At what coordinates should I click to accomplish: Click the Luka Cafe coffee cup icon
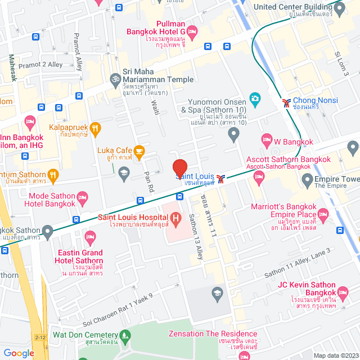coord(139,150)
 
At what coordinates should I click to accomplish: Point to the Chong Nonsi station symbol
coord(287,102)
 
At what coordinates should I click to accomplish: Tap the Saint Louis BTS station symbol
coord(223,180)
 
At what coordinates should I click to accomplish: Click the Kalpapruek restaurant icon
coord(96,128)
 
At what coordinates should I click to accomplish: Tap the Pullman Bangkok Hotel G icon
coord(192,31)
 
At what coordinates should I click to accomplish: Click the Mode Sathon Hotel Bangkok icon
coord(82,197)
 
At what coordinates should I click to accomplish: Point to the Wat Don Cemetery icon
coord(125,335)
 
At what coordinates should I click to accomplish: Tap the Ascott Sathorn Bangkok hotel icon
coord(259,178)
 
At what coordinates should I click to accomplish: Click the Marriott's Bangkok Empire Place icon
coord(323,214)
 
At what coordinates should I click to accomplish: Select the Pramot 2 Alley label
coord(40,65)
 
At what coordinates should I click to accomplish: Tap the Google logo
coord(19,353)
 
